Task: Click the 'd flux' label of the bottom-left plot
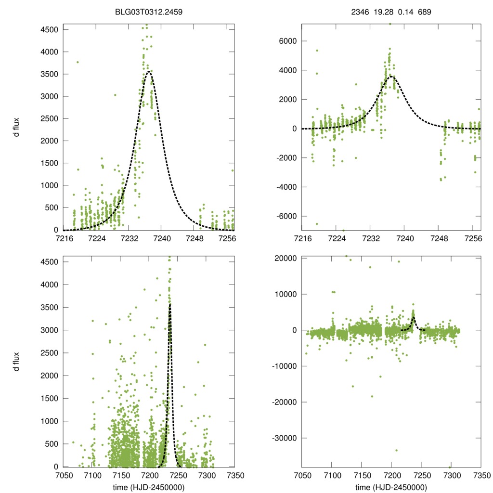click(17, 362)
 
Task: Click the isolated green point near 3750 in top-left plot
click(78, 62)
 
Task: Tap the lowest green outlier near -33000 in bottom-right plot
click(396, 450)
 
